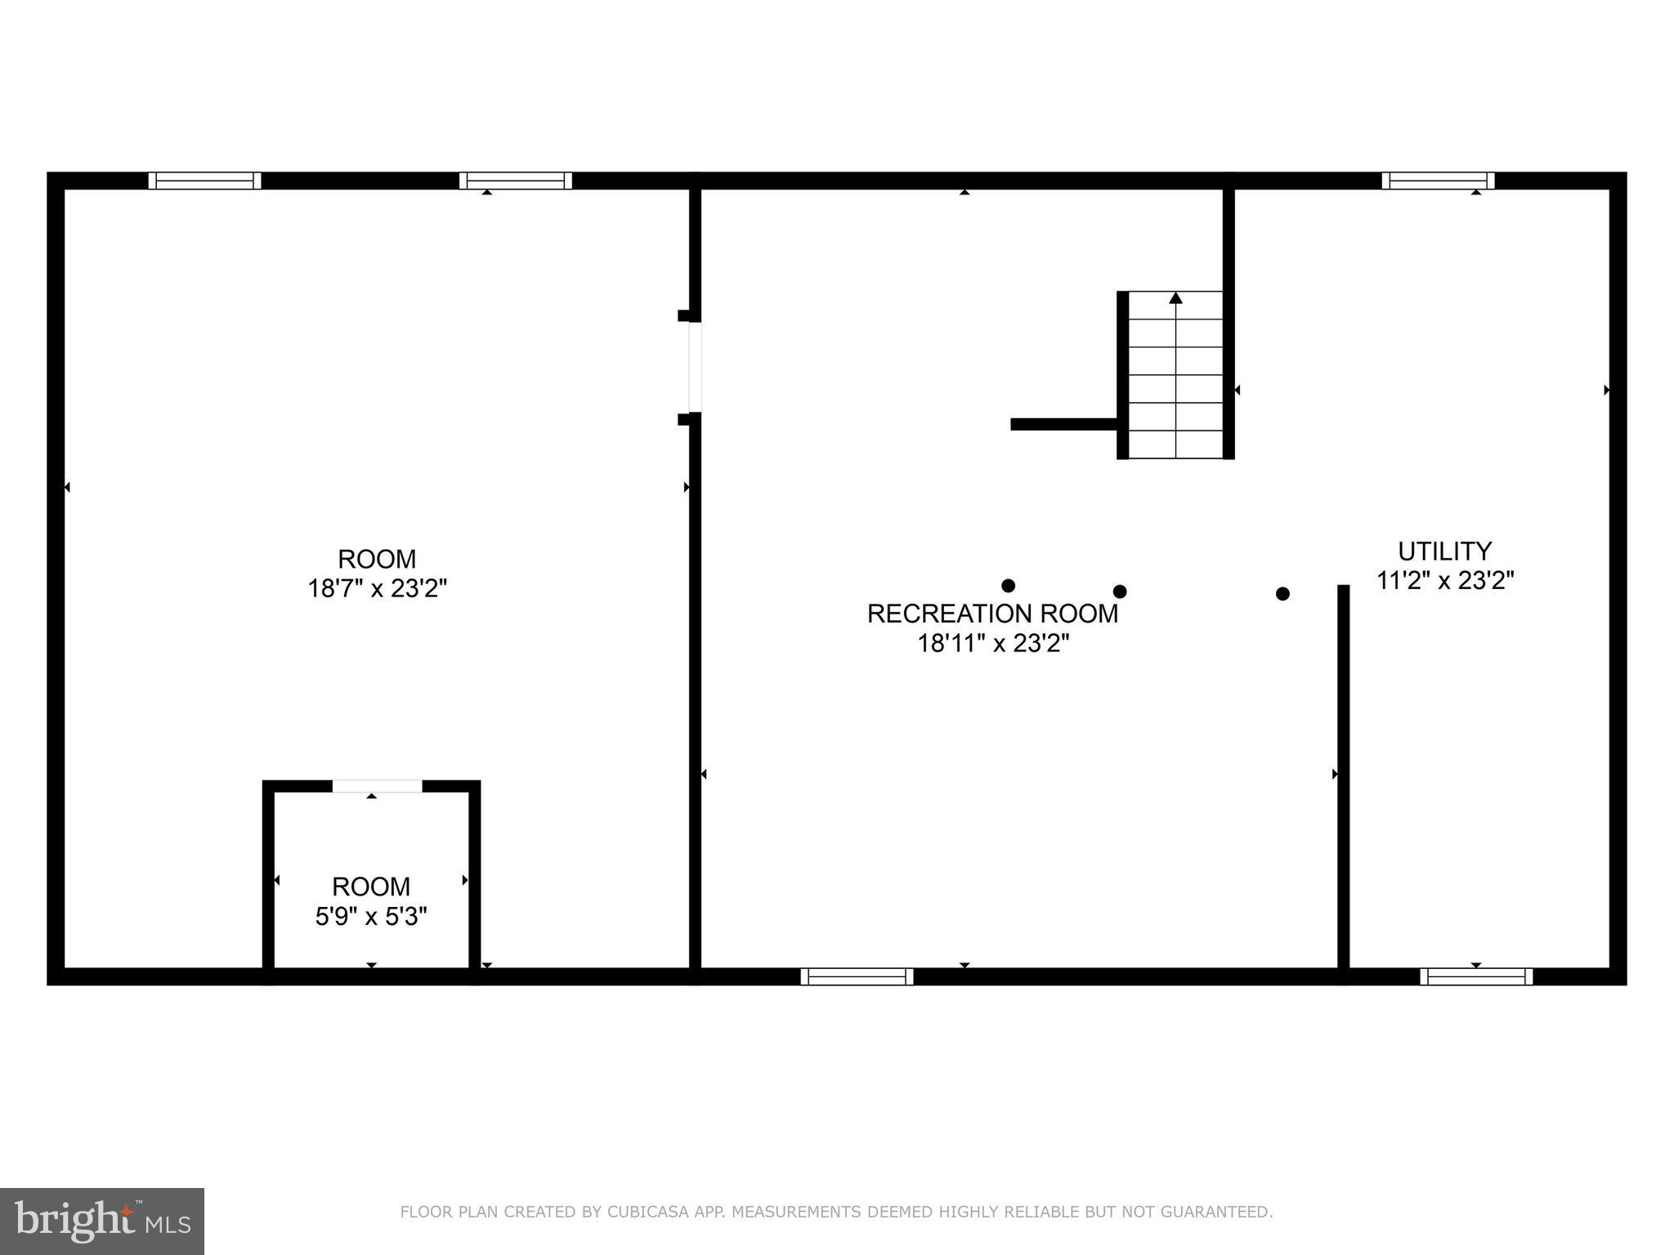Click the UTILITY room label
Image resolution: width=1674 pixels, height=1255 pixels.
pos(1444,551)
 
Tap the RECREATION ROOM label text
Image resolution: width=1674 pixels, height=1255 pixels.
pos(992,614)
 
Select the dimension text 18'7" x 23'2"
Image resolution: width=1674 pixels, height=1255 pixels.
pos(378,588)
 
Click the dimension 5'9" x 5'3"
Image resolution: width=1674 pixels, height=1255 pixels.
pos(372,917)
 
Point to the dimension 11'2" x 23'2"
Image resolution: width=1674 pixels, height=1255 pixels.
pos(1445,581)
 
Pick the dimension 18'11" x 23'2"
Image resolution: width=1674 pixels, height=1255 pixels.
pos(993,644)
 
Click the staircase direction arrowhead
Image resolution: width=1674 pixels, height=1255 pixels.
pos(1175,298)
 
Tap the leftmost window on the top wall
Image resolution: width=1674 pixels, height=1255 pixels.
pos(205,181)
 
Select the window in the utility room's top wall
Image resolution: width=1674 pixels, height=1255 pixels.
pos(1438,181)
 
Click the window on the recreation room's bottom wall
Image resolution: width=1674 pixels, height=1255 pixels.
pos(857,976)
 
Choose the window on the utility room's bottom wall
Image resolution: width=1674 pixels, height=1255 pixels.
pos(1476,976)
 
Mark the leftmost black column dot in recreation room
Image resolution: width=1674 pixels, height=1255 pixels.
pos(1008,586)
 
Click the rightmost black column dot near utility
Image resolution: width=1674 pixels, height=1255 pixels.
pos(1282,594)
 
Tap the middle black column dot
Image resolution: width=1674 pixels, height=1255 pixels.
pos(1120,592)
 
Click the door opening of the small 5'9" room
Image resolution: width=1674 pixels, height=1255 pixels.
pos(377,787)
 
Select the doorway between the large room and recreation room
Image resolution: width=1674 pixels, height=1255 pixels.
pos(695,368)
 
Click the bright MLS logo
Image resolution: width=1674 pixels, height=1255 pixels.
pos(102,1221)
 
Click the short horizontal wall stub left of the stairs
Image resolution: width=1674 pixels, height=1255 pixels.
pos(1063,424)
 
